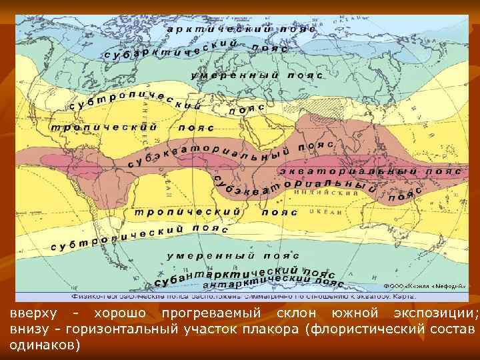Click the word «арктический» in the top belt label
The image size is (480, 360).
coord(219,29)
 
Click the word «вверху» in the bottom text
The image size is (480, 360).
coord(33,313)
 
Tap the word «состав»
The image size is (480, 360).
coord(456,329)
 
